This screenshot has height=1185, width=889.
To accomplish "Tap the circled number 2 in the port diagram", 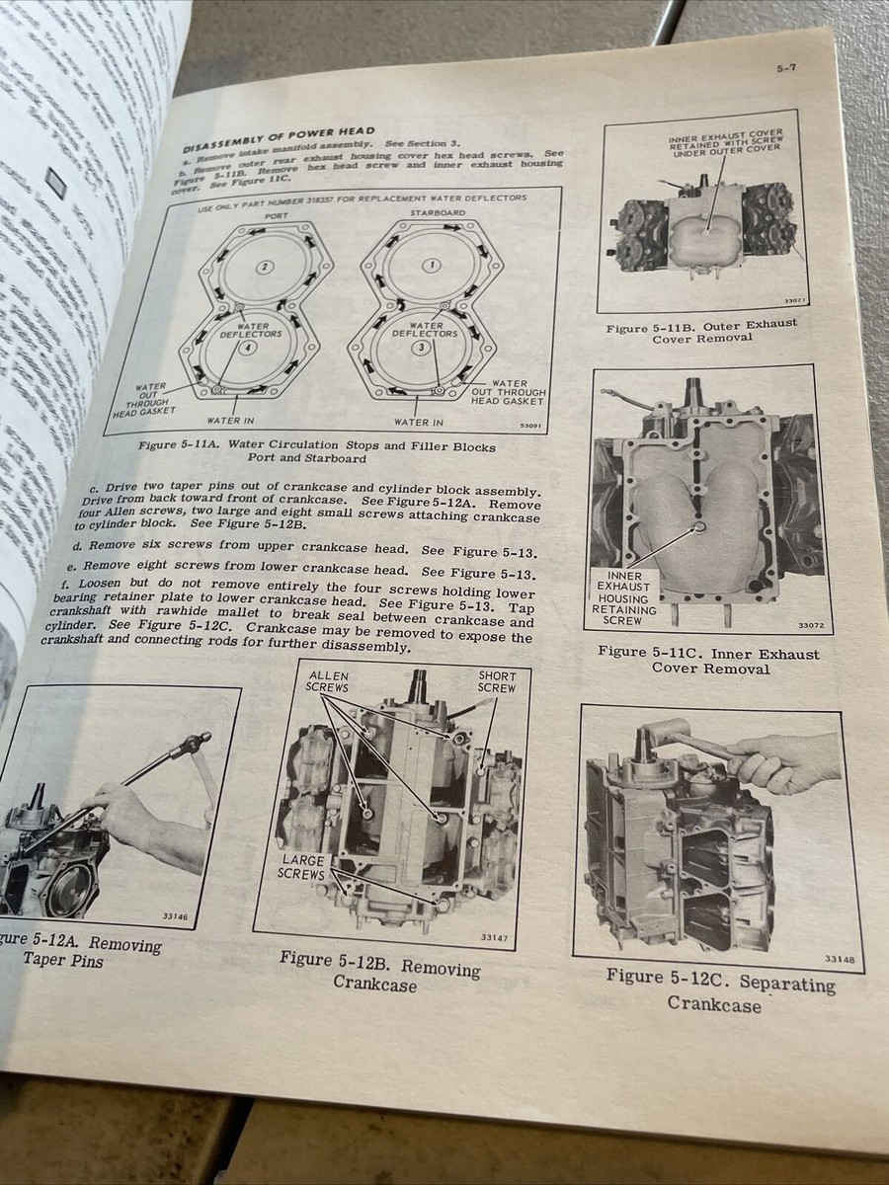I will point(264,268).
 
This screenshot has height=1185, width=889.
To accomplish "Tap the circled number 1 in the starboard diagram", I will point(430,266).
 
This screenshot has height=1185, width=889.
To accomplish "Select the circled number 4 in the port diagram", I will point(251,348).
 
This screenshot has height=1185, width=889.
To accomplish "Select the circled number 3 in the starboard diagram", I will point(423,348).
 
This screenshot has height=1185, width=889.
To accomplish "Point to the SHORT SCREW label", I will point(497,683).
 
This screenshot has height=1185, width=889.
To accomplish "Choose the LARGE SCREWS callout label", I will point(302,867).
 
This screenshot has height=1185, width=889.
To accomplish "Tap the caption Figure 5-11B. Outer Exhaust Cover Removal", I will point(700,331).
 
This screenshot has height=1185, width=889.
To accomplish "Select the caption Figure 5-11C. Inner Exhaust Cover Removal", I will point(707,660).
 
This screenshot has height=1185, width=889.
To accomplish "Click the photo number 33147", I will point(494,937).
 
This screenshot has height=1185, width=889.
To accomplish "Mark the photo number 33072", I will point(815,626).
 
